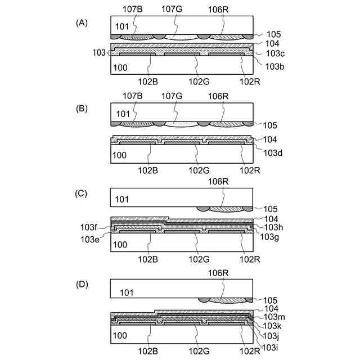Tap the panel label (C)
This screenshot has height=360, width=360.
point(82,193)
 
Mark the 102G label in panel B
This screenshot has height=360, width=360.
point(199,168)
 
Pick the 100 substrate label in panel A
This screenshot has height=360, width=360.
point(121,67)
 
